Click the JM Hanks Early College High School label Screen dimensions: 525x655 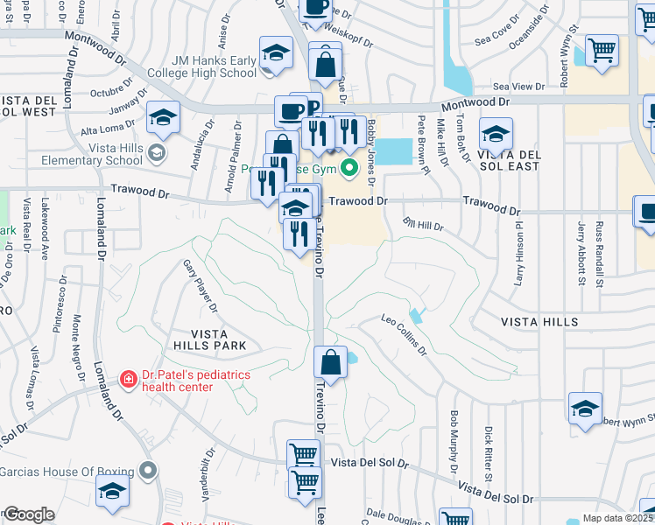[x=202, y=66]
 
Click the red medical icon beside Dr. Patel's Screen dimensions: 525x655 [x=128, y=379]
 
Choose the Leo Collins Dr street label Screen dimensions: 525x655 [x=403, y=334]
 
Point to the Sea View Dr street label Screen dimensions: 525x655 [x=518, y=87]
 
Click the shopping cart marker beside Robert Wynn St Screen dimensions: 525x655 [x=602, y=50]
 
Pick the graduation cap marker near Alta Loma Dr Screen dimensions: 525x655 [x=163, y=117]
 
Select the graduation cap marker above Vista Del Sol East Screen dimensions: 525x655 [x=496, y=134]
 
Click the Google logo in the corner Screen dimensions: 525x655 [x=29, y=514]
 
